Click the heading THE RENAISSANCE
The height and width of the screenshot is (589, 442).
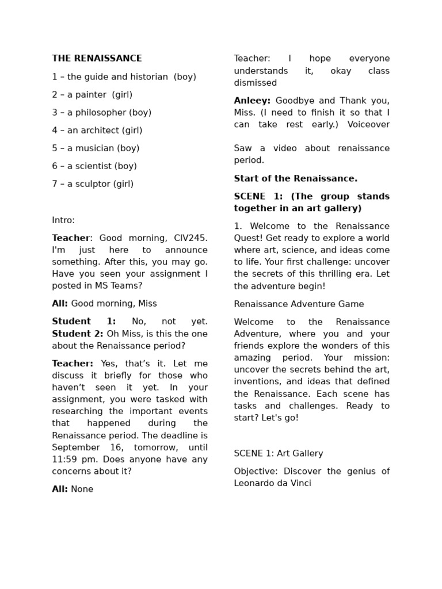(97, 59)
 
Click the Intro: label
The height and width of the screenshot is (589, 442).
(63, 220)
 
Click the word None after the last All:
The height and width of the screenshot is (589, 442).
(82, 489)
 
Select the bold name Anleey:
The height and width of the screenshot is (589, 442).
(252, 101)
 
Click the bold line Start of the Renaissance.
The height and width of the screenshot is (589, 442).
(296, 178)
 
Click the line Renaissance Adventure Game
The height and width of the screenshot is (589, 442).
(299, 304)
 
